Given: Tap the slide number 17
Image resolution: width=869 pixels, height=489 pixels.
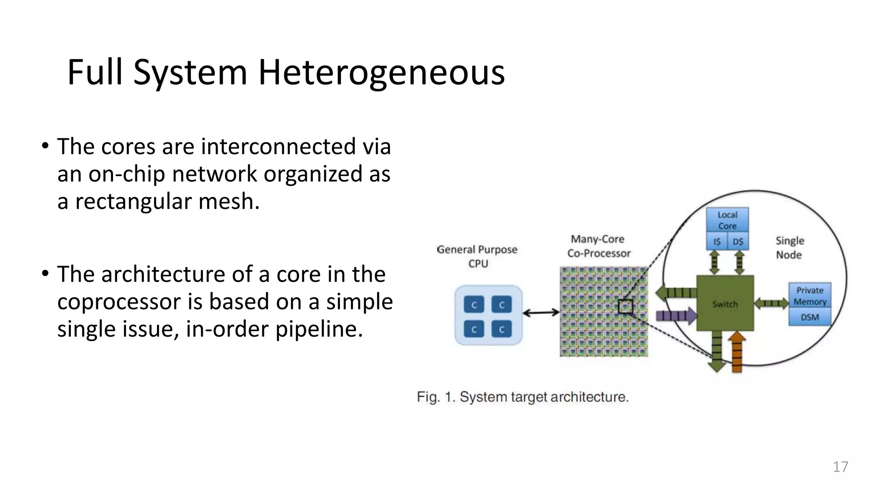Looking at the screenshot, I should [x=840, y=467].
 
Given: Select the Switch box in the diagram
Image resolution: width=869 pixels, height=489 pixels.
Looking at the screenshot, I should [x=725, y=303].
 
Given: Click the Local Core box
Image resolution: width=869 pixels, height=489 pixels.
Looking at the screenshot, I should [x=727, y=220].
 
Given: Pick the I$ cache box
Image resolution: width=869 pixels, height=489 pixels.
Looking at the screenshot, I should [x=717, y=242].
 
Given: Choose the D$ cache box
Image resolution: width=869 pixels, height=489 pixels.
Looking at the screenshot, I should [x=738, y=242].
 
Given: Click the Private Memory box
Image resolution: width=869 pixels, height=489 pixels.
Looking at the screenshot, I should [x=810, y=296].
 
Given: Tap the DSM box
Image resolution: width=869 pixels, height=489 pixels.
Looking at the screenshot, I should [x=810, y=317].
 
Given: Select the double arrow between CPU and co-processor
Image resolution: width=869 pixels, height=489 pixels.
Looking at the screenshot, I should [x=541, y=313].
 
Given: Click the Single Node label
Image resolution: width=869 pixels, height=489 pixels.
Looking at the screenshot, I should [x=789, y=247].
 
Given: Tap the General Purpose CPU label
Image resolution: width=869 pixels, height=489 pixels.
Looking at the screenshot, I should [x=477, y=256].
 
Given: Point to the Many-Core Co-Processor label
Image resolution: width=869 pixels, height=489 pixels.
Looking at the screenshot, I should [x=598, y=246].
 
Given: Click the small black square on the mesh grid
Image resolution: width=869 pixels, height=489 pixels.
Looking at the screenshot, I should [x=625, y=306].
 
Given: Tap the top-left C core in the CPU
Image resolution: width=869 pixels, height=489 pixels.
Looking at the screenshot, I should [x=474, y=305].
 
